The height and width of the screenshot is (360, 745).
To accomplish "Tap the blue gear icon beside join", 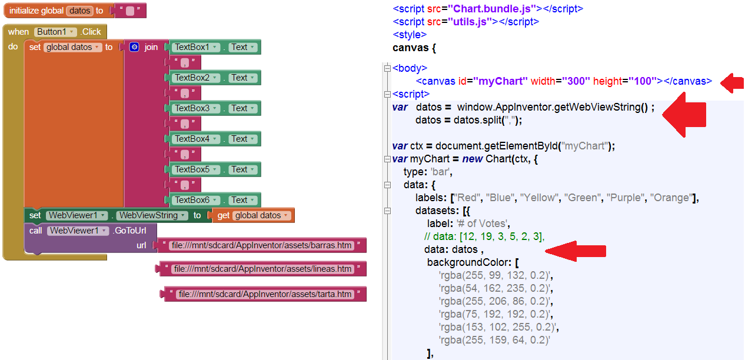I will click(x=134, y=47).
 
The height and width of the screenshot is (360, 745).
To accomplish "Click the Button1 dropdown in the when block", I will click(x=55, y=32).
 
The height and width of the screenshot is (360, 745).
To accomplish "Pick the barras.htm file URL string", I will click(x=262, y=245).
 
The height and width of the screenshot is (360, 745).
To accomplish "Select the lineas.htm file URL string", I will click(x=262, y=269).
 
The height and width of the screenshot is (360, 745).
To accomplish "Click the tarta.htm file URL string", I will click(x=265, y=294).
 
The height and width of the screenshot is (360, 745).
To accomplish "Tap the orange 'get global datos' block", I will click(x=254, y=215).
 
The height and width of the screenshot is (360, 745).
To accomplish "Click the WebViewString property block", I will click(x=152, y=215).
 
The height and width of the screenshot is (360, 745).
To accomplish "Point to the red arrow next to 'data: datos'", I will click(x=575, y=250).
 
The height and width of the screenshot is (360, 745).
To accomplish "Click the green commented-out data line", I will click(x=484, y=236).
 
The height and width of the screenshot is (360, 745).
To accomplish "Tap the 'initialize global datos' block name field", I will click(x=80, y=11).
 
